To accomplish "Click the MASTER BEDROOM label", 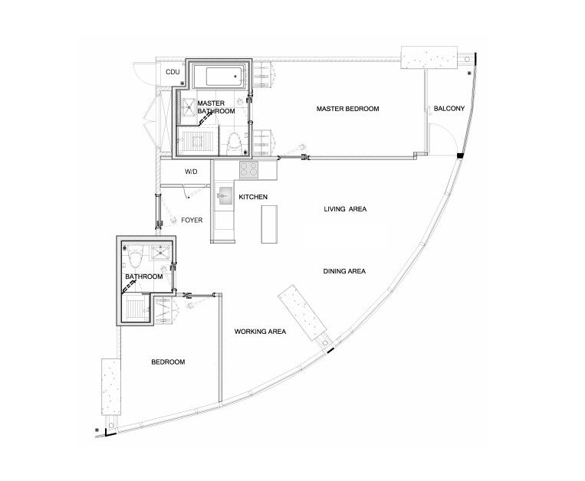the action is [x=348, y=109].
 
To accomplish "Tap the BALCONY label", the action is [x=449, y=109].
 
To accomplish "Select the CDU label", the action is [x=173, y=72].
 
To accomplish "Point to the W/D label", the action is [x=191, y=172].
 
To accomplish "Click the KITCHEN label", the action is [x=253, y=197].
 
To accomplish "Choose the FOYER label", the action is [x=192, y=220].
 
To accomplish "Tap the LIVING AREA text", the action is [x=345, y=209].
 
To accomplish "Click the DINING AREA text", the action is [x=344, y=271].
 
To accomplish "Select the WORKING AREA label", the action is [x=260, y=332].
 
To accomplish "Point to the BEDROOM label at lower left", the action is [x=168, y=362].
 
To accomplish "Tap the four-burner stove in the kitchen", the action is [x=248, y=169].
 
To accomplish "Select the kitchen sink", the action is [x=224, y=195].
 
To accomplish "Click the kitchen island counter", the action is [x=269, y=224].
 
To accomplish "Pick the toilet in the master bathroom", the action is [x=234, y=142].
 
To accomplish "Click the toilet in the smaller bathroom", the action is [x=135, y=257].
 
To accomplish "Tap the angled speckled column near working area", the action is [x=303, y=312].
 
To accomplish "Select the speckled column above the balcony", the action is [x=429, y=57].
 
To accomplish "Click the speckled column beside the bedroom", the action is [x=111, y=387].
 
